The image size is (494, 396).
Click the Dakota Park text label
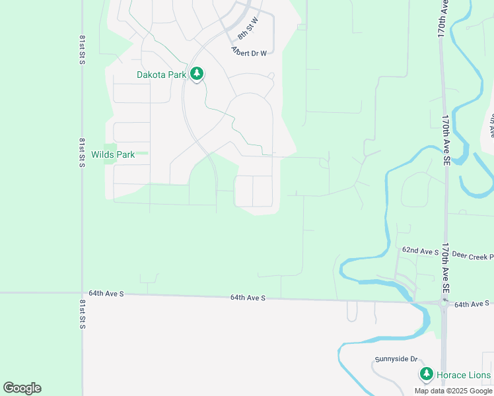coord(161,75)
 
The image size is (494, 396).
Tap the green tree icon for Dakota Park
coord(196,74)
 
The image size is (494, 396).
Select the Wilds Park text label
coord(113,155)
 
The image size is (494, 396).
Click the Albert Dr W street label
coord(249,51)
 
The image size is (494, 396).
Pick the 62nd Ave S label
coord(421,251)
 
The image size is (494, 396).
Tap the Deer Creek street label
coord(473,255)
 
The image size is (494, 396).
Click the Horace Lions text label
coord(465,376)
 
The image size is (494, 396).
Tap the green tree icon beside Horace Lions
coord(427,375)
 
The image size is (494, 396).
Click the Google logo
coord(22,388)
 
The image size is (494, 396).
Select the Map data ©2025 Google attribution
coord(453,391)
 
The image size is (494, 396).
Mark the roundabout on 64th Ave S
coord(443,304)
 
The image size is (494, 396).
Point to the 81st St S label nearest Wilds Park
coord(83,152)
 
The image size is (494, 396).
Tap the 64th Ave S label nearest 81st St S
coord(106,293)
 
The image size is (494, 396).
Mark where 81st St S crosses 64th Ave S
coord(82,292)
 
